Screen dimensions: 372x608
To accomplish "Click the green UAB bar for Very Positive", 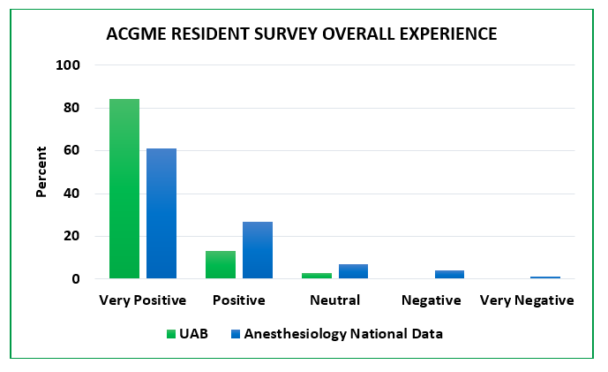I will [124, 189].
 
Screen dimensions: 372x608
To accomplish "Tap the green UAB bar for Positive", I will [221, 264].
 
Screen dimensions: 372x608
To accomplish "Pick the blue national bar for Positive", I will [258, 250].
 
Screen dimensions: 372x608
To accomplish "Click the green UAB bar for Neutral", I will [317, 276].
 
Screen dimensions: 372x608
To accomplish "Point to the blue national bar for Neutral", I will [353, 271].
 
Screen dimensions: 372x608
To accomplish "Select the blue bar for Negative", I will [449, 275].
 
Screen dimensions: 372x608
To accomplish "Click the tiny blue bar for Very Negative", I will [545, 277].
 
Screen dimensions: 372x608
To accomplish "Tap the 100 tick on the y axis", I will [69, 65].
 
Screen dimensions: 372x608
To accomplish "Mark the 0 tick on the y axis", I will [76, 279].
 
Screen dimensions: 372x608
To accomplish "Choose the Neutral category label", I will [334, 300].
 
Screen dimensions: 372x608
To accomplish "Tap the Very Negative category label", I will [527, 300].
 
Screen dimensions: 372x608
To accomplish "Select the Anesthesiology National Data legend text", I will [343, 334].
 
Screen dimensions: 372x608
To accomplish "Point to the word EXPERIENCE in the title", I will [447, 34].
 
